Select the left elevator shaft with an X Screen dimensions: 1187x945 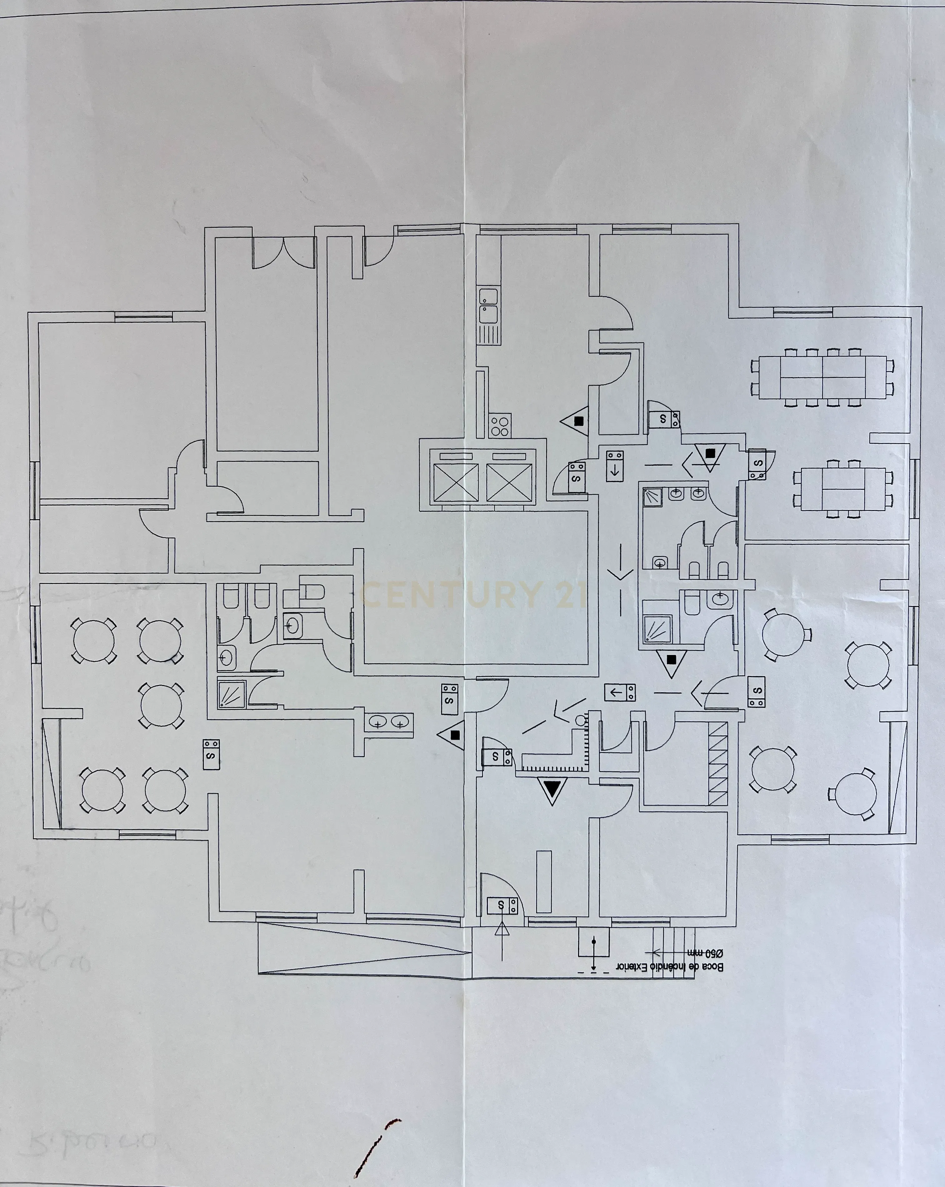pyautogui.click(x=456, y=483)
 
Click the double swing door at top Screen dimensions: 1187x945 pyautogui.click(x=283, y=253)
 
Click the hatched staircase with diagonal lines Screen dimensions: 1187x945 pyautogui.click(x=718, y=764)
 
